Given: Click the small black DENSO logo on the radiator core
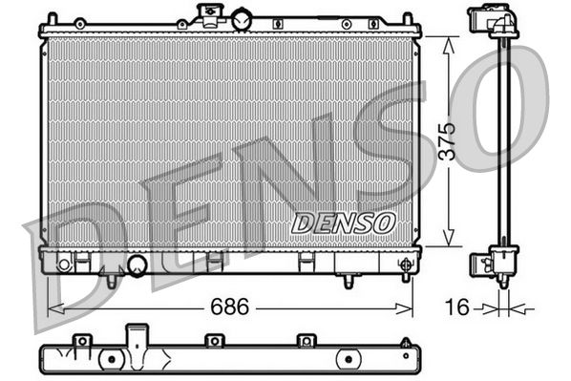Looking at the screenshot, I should (x=343, y=222).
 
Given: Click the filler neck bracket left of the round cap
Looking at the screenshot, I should (x=206, y=14).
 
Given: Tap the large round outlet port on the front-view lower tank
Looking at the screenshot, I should (x=137, y=265).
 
